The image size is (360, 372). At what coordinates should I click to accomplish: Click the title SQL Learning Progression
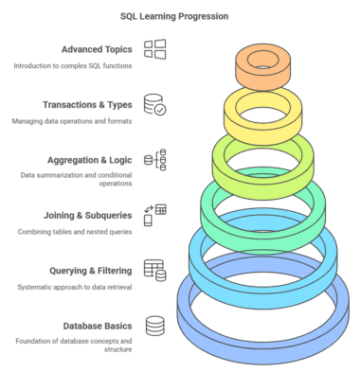pyautogui.click(x=174, y=16)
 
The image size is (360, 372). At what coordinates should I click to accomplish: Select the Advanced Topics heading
pyautogui.click(x=97, y=49)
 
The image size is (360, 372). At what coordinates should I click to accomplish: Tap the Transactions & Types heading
pyautogui.click(x=87, y=105)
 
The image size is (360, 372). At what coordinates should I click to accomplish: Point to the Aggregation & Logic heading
pyautogui.click(x=90, y=160)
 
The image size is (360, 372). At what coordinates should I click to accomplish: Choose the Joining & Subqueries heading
pyautogui.click(x=88, y=216)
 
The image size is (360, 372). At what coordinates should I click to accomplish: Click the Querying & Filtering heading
pyautogui.click(x=91, y=271)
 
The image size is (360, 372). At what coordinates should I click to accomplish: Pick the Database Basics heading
pyautogui.click(x=98, y=326)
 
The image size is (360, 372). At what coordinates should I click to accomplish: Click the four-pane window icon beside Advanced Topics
pyautogui.click(x=155, y=49)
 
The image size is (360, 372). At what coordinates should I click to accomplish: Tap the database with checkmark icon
pyautogui.click(x=155, y=104)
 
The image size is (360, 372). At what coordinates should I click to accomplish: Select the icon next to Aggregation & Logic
pyautogui.click(x=155, y=160)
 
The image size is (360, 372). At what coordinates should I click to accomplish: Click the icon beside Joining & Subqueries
pyautogui.click(x=155, y=215)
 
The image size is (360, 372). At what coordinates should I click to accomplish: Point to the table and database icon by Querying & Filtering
pyautogui.click(x=155, y=271)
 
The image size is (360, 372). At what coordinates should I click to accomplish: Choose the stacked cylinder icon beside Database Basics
pyautogui.click(x=155, y=326)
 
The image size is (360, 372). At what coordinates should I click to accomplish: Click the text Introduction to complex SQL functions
pyautogui.click(x=73, y=66)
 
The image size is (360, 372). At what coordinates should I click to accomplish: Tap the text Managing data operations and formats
pyautogui.click(x=72, y=121)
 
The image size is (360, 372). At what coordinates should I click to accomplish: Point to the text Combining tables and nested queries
pyautogui.click(x=75, y=232)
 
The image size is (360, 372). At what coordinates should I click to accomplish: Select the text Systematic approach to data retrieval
pyautogui.click(x=75, y=287)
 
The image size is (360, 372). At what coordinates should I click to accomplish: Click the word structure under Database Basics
pyautogui.click(x=117, y=349)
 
